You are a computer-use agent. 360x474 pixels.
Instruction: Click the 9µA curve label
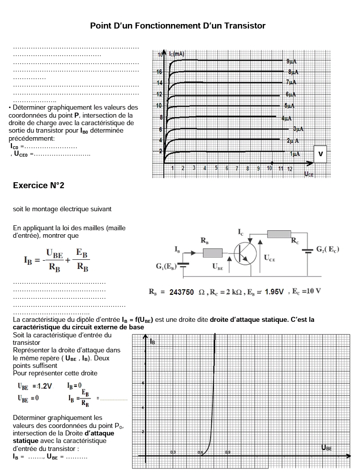(x=291, y=61)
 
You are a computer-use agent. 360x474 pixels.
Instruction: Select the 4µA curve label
(x=286, y=119)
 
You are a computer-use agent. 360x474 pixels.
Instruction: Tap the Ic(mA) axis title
(x=176, y=54)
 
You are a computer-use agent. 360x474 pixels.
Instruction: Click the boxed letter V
(x=320, y=154)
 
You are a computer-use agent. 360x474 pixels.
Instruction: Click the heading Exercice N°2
(x=38, y=186)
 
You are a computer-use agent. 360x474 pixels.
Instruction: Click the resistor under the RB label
(x=212, y=253)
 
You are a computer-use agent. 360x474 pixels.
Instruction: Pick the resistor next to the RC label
(x=279, y=234)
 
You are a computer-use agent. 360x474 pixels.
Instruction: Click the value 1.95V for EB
(x=274, y=292)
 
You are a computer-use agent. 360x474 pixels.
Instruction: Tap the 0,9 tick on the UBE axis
(x=228, y=452)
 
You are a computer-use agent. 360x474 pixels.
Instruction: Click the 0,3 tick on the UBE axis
(x=172, y=452)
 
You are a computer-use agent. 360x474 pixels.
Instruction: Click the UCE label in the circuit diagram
(x=269, y=258)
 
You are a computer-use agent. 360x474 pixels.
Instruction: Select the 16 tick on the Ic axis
(x=160, y=72)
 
